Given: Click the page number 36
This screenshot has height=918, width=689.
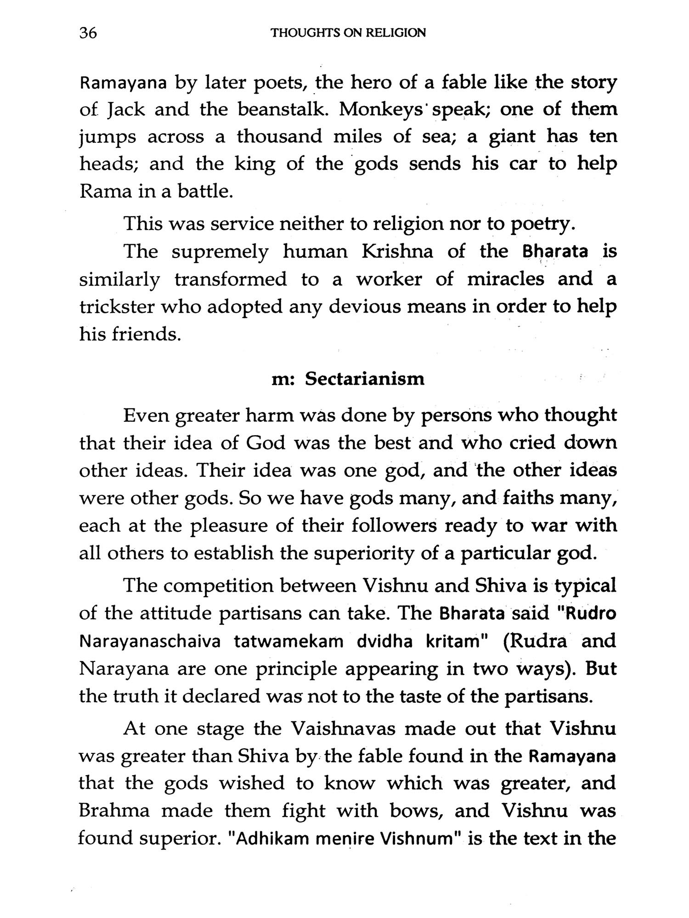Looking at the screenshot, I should coord(88,33).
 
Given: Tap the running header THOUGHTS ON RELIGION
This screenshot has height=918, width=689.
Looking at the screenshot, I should coord(349,33).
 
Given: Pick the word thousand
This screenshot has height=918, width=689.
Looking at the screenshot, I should coord(279,137).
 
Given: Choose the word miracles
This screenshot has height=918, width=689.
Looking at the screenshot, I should coord(505,279).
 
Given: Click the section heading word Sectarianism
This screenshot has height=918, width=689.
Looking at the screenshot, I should coord(365,379).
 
